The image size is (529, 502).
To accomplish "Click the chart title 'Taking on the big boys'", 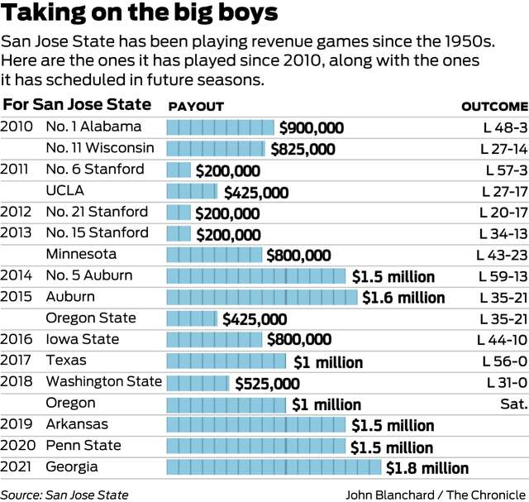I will point(140,14).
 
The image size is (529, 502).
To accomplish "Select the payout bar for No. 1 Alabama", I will point(220,127).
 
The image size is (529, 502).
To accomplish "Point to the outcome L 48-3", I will point(503,127).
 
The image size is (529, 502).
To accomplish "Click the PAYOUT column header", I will point(196,107).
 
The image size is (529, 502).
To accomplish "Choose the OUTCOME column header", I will point(493,107).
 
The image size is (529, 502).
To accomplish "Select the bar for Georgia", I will point(275,467).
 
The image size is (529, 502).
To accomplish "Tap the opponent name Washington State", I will point(103,382).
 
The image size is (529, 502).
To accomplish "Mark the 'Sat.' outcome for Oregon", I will point(513,404).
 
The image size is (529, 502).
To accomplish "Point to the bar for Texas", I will point(228,361).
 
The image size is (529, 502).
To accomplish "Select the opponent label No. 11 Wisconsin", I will point(100,148).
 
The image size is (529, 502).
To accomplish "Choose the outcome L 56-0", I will point(503,361).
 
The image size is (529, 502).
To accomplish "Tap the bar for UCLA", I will point(194,191).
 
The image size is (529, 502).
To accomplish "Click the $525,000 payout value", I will point(267,383).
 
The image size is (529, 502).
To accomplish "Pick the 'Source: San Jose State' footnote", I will point(64,495).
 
